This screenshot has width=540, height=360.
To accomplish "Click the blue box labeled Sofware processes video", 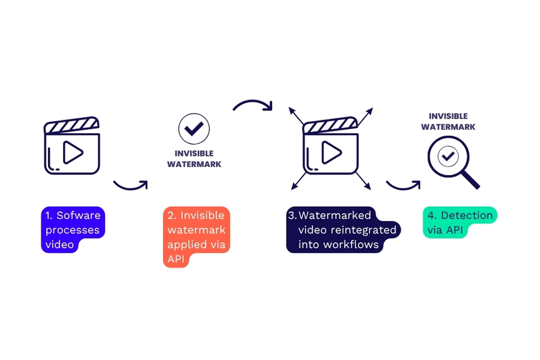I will click(x=72, y=230).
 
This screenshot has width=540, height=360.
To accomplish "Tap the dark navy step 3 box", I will click(x=342, y=230).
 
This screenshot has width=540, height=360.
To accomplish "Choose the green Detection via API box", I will click(x=459, y=223).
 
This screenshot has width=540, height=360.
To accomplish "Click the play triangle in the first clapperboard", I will click(x=72, y=154).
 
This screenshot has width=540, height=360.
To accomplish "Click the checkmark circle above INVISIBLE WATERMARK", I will click(x=194, y=129).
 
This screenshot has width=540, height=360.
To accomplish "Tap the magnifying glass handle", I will click(x=471, y=177).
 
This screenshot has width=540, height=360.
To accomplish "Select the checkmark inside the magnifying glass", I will click(x=448, y=156).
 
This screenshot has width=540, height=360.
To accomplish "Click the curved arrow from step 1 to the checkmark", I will click(x=130, y=184).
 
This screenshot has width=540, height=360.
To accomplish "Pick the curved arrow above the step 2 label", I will click(x=253, y=106).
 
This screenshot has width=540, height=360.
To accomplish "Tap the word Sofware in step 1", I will click(x=78, y=216).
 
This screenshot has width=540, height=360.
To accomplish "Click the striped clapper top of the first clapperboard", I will click(x=71, y=125).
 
